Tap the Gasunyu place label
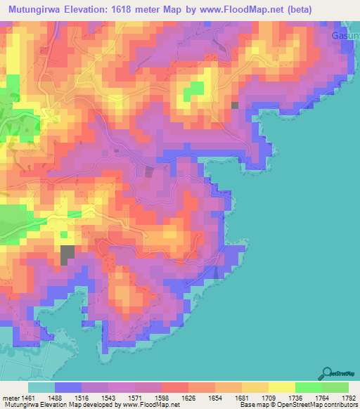(345, 34)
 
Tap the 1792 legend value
(340, 398)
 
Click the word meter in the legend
(12, 398)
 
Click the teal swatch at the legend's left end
(41, 387)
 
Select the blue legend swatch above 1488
(67, 387)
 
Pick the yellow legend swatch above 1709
(281, 387)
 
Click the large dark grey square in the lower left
(67, 254)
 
